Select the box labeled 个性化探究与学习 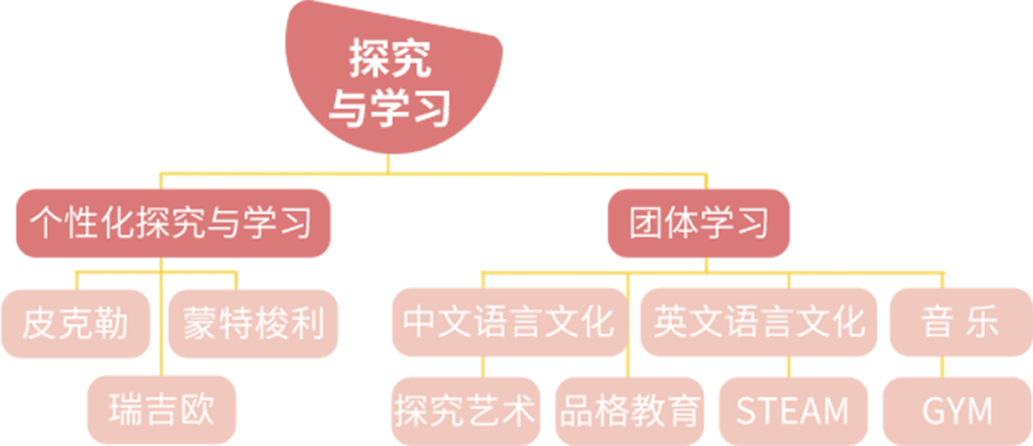pyautogui.click(x=172, y=222)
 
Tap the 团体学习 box pyautogui.click(x=698, y=222)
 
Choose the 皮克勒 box pyautogui.click(x=75, y=323)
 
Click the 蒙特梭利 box pyautogui.click(x=254, y=323)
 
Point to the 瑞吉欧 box pyautogui.click(x=162, y=410)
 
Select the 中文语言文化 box pyautogui.click(x=508, y=323)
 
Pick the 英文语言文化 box pyautogui.click(x=759, y=323)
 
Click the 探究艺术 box pyautogui.click(x=465, y=410)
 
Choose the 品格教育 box pyautogui.click(x=630, y=410)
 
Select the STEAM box pyautogui.click(x=792, y=410)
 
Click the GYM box pyautogui.click(x=957, y=410)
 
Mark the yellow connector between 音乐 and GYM pyautogui.click(x=942, y=367)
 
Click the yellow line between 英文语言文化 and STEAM pyautogui.click(x=788, y=367)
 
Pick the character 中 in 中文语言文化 pyautogui.click(x=420, y=323)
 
